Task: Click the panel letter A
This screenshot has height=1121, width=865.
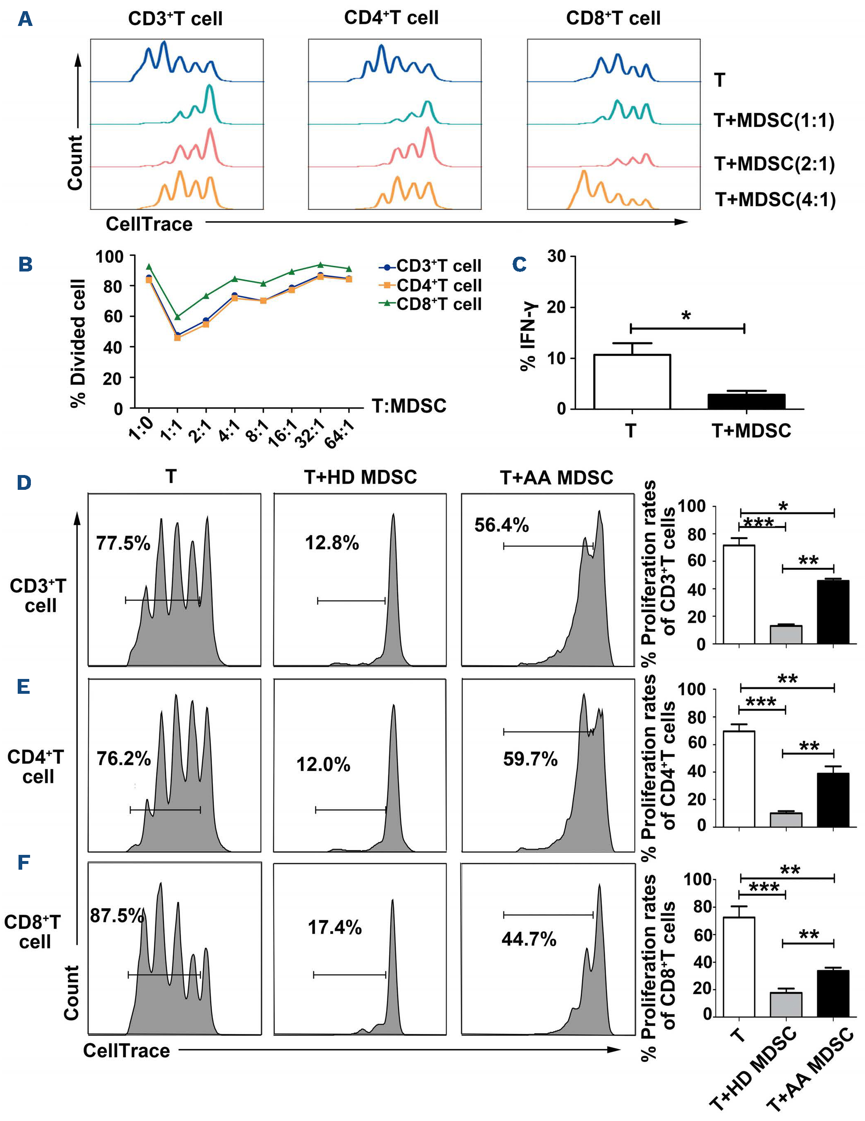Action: (x=25, y=19)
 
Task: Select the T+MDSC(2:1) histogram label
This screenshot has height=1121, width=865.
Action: (x=774, y=163)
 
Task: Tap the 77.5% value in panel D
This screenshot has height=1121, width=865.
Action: (x=123, y=543)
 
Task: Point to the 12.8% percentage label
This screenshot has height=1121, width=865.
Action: (x=332, y=543)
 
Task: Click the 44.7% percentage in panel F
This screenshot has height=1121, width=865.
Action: (x=529, y=939)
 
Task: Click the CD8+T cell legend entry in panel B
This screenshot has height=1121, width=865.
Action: (x=438, y=304)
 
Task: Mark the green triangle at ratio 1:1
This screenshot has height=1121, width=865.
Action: (x=177, y=317)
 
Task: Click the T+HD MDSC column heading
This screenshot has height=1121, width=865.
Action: (x=360, y=477)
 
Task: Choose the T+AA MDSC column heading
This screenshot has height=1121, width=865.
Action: (x=557, y=478)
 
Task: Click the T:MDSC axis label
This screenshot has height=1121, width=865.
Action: (x=409, y=406)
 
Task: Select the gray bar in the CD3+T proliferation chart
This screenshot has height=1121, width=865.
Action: (x=786, y=634)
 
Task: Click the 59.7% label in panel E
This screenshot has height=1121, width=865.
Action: (x=530, y=758)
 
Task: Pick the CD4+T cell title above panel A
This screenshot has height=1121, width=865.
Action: (x=391, y=18)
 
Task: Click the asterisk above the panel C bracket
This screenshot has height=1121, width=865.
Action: (x=686, y=316)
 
